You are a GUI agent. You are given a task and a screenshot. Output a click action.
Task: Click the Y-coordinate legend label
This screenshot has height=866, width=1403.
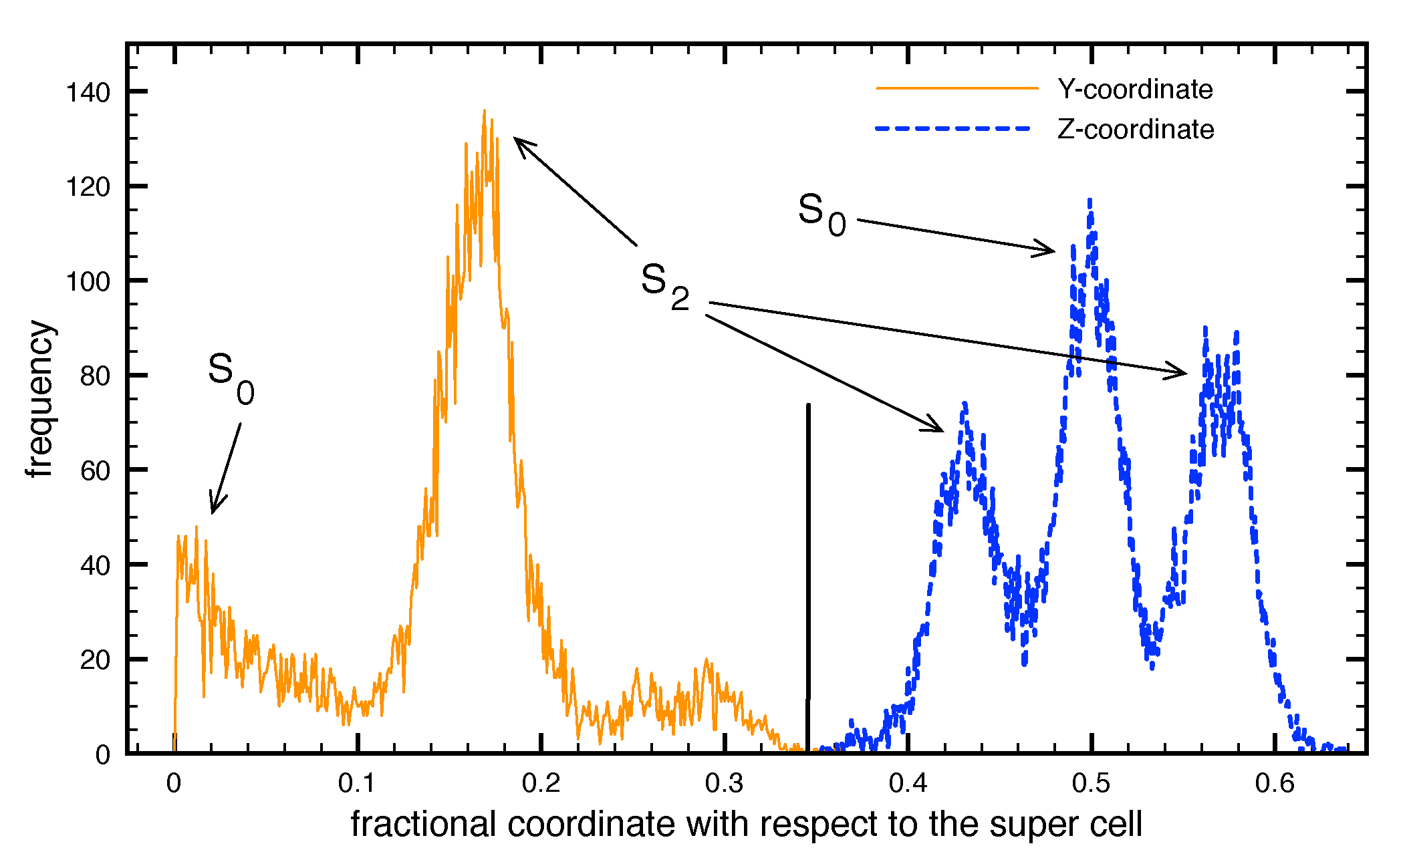coord(1134,90)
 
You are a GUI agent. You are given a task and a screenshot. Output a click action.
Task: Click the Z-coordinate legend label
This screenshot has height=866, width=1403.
coord(1135,130)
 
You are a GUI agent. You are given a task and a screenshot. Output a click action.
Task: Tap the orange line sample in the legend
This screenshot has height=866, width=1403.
coord(956,88)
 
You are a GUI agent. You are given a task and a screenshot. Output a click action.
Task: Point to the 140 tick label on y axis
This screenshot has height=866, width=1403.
coord(88,92)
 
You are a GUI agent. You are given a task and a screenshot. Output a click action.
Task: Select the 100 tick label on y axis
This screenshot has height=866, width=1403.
coord(88,281)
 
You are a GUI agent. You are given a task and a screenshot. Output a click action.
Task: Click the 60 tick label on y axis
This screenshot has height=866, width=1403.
coord(95,471)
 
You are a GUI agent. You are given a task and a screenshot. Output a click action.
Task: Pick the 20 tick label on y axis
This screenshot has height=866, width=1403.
coord(95,660)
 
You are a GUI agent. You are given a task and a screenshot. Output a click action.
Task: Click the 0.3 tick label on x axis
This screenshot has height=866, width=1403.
coord(724,783)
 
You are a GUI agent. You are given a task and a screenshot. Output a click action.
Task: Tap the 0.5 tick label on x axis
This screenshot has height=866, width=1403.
coord(1091,783)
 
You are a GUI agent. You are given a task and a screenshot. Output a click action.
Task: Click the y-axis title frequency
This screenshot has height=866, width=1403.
coord(40,399)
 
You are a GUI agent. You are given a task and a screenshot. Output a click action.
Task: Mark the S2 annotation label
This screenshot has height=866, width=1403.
coord(664,286)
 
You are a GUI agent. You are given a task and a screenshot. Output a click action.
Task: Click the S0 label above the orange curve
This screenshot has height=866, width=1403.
coord(231,378)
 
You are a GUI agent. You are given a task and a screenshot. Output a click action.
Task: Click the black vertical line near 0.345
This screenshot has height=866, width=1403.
coord(807,575)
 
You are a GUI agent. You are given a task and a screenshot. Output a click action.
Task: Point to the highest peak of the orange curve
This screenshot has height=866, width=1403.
coord(484,112)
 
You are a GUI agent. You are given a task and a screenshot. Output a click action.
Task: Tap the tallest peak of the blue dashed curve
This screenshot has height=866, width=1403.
coord(1090,200)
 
